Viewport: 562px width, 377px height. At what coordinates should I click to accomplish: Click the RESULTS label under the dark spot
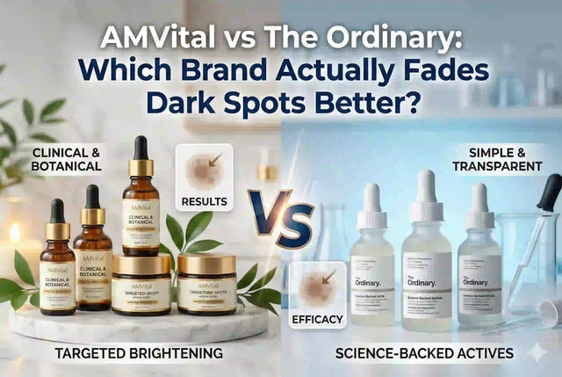pyautogui.click(x=204, y=202)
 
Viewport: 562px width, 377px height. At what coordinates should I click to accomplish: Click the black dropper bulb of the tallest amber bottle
pyautogui.click(x=140, y=149)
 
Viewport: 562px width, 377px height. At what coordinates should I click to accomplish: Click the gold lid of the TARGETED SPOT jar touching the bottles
pyautogui.click(x=141, y=265)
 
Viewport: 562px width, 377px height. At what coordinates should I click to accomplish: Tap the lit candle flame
pyautogui.click(x=16, y=233)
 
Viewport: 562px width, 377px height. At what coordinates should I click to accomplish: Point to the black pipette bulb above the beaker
pyautogui.click(x=550, y=189)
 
